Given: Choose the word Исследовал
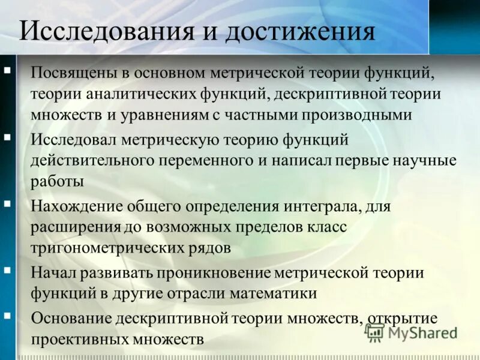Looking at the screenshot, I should pos(74,140).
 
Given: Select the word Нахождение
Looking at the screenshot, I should pos(77,207).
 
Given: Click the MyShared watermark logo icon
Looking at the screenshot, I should pos(375,332).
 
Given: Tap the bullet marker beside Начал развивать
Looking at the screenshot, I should pos(7,270).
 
